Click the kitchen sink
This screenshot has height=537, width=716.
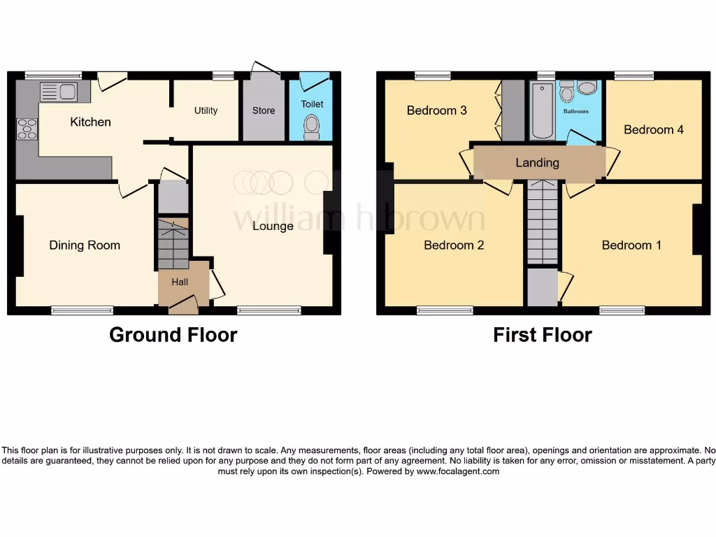pos(59,92)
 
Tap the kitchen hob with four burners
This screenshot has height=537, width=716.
pos(27,129)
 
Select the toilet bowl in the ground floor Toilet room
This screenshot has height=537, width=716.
pos(312,125)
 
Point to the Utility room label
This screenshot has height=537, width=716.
pos(206,110)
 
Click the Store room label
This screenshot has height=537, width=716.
pos(264,110)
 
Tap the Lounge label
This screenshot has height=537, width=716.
pos(273,226)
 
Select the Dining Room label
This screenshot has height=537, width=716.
pos(85,245)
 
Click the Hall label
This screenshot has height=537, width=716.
pos(180,282)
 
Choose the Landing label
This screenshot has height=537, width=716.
pos(537,162)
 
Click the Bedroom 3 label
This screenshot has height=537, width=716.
pos(436,110)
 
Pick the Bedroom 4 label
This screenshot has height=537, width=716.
pos(653,129)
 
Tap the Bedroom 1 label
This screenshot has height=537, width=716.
pos(631,245)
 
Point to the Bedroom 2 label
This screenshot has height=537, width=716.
pos(454,245)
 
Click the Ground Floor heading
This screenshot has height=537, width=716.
pos(173,335)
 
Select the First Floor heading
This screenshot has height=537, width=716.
pos(542,335)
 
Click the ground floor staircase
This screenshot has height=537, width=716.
pos(173,245)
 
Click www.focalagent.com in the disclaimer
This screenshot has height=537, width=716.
pos(458,471)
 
